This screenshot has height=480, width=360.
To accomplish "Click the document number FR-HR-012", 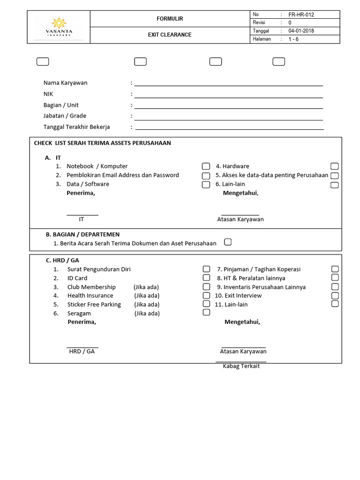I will click(x=301, y=15).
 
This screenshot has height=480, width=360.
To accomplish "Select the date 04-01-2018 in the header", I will click(x=301, y=31).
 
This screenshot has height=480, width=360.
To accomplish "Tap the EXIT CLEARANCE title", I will click(x=170, y=35).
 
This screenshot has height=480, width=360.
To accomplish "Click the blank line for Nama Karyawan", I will click(x=229, y=83).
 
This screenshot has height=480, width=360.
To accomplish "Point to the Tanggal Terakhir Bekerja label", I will click(x=76, y=127).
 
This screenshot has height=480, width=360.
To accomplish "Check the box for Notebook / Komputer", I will click(x=206, y=166).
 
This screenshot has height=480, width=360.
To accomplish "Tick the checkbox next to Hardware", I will click(x=334, y=166).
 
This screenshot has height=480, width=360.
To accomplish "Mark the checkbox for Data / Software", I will click(x=206, y=185).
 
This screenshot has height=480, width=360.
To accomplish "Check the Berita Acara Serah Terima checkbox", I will click(x=228, y=242).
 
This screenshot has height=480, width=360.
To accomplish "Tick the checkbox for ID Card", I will click(x=206, y=278).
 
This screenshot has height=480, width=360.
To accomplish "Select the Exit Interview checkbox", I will click(x=335, y=295).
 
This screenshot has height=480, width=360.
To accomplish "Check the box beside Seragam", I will click(x=206, y=312).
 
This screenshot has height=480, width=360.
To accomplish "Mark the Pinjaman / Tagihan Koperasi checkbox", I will click(x=335, y=269).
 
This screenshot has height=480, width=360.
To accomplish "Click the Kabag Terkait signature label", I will click(x=241, y=366).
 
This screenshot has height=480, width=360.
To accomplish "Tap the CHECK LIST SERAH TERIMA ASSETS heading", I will click(x=103, y=143).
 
